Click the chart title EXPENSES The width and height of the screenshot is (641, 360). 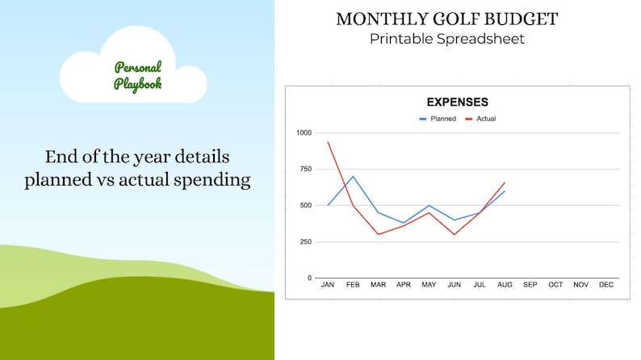click(457, 103)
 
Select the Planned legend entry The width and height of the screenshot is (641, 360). click(437, 119)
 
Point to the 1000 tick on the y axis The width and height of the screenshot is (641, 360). click(304, 132)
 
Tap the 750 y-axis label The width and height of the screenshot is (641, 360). click(305, 169)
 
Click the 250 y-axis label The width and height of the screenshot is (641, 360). click(305, 241)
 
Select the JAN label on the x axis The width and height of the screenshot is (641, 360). click(327, 285)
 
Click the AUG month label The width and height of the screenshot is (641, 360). click(505, 285)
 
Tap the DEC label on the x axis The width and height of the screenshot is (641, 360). click(606, 285)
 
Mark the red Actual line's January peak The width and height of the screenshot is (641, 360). click(328, 142)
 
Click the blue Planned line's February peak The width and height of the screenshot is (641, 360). click(353, 176)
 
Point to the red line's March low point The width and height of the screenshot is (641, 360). click(378, 234)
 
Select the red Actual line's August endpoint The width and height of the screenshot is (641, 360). click(505, 182)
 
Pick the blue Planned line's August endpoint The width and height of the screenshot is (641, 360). click(505, 191)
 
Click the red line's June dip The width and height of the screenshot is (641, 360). click(455, 234)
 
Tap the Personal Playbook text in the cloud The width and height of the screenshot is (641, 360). click(137, 76)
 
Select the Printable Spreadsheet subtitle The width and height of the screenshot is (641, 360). click(446, 39)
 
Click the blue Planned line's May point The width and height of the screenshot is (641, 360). click(429, 205)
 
